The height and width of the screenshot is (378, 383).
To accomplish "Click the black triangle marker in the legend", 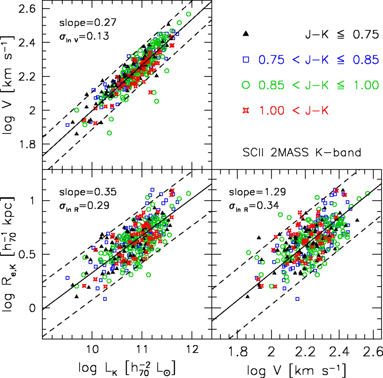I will [246, 34].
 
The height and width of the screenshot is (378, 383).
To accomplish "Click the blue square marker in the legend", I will [246, 59].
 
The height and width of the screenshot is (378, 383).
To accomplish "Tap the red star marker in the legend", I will [246, 110].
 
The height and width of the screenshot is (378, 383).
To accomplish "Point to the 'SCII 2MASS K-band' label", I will [302, 152].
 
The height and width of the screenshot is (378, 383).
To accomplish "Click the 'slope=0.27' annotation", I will [88, 23].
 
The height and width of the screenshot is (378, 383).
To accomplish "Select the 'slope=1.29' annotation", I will [257, 192].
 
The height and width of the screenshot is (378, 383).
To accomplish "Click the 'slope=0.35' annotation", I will [88, 192].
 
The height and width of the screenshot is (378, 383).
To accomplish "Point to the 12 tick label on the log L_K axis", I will [192, 349].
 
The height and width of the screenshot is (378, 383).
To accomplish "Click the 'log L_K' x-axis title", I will [127, 368].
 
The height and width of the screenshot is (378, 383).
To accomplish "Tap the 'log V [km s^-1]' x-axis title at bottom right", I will [297, 370].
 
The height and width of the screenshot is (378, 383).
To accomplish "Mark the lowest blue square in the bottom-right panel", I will [297, 299].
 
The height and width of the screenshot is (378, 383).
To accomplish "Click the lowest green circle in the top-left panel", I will [109, 133].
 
